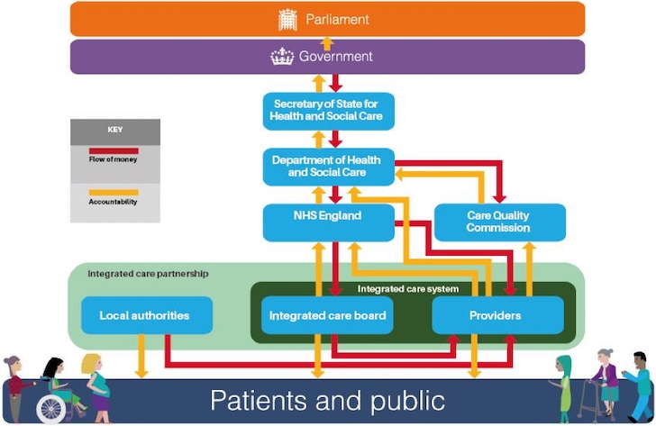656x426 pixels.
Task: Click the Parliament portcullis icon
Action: pyautogui.click(x=287, y=20)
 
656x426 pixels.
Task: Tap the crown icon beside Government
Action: pyautogui.click(x=282, y=57)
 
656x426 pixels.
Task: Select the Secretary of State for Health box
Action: pyautogui.click(x=328, y=111)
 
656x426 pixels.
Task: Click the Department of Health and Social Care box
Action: pyautogui.click(x=328, y=167)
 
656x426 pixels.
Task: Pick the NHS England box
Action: pyautogui.click(x=328, y=222)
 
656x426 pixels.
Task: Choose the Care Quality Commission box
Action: pyautogui.click(x=500, y=222)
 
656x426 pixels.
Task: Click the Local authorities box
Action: pyautogui.click(x=147, y=315)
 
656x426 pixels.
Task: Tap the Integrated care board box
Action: pyautogui.click(x=328, y=315)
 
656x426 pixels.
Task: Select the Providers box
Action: pyautogui.click(x=497, y=315)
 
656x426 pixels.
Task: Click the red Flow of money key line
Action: pyautogui.click(x=114, y=151)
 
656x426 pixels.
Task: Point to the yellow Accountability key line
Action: pyautogui.click(x=114, y=193)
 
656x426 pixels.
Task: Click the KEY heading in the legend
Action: pyautogui.click(x=115, y=130)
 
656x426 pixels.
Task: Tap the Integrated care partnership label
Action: pyautogui.click(x=148, y=274)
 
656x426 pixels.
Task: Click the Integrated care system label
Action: pyautogui.click(x=408, y=289)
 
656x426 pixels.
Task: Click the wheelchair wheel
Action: pyautogui.click(x=51, y=410)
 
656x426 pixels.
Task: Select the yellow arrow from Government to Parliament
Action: pyautogui.click(x=327, y=44)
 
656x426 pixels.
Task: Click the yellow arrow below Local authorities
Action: pyautogui.click(x=141, y=356)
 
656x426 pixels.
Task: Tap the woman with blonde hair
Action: pyautogui.click(x=97, y=388)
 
